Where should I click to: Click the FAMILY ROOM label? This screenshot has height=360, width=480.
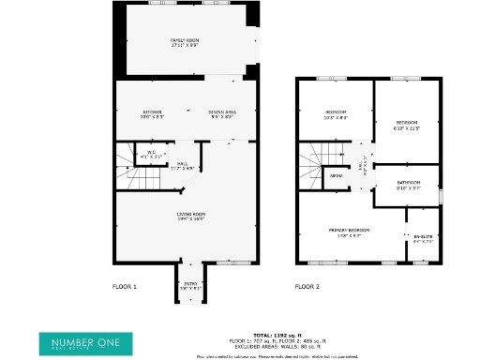click(184, 42)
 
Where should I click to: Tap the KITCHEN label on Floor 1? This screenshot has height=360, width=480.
click(154, 112)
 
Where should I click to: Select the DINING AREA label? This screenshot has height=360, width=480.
click(222, 112)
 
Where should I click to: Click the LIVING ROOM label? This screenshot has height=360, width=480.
click(191, 216)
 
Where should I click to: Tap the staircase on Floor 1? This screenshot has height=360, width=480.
click(129, 165)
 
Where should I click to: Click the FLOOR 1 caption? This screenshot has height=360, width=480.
click(124, 286)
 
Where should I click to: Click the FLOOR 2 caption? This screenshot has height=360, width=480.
click(307, 286)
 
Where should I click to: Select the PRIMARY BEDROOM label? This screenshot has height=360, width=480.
click(349, 231)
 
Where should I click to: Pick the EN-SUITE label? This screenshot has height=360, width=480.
click(424, 238)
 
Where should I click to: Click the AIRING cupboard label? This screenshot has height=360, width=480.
click(336, 174)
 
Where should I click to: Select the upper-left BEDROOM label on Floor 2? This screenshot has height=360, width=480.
click(336, 114)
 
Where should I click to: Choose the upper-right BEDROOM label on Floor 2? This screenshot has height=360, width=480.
click(407, 125)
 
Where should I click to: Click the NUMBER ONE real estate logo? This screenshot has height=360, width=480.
click(80, 342)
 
